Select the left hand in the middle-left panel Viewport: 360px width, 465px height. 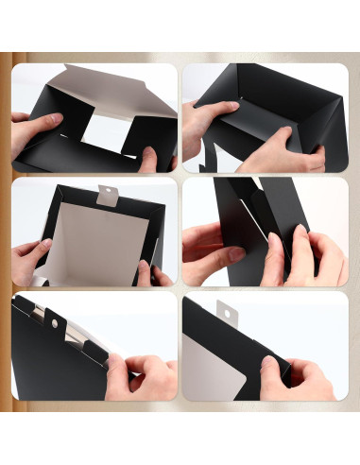point(33,255)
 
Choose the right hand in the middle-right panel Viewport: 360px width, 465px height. point(307,255)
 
